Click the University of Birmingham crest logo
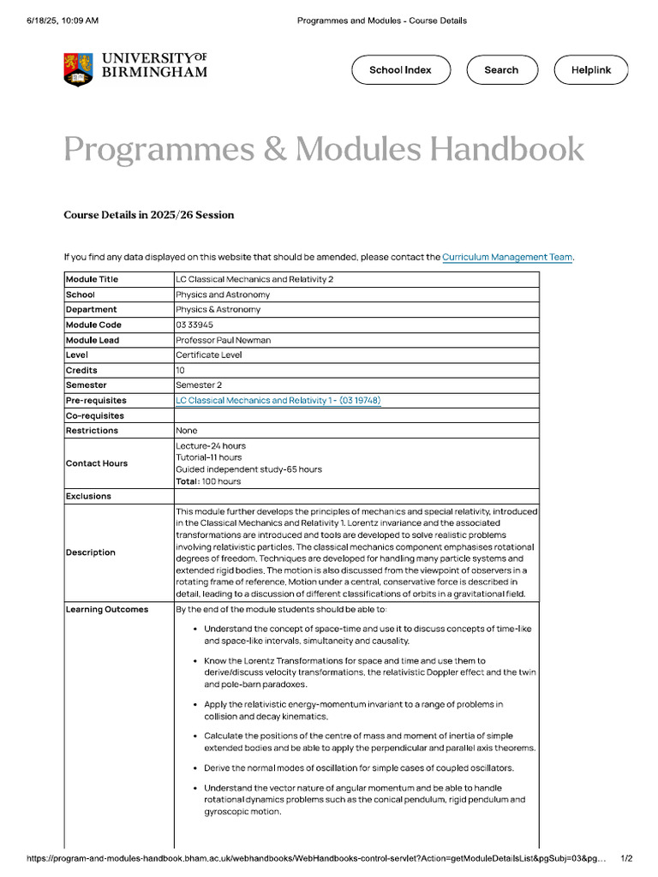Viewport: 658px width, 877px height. pos(78,69)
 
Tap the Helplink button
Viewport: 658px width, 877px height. pos(591,70)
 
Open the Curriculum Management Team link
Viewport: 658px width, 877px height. pos(507,257)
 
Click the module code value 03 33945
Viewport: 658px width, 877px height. pos(194,325)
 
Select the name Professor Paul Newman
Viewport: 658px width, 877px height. pos(223,340)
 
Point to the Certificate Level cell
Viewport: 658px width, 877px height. pos(209,355)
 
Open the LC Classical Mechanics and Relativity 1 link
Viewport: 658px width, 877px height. pos(278,400)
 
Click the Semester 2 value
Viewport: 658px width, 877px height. pos(199,385)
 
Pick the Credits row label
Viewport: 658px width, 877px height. pos(81,370)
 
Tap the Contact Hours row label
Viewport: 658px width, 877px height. pos(97,463)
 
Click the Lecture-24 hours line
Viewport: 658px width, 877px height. pos(211,445)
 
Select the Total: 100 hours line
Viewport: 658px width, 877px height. pos(208,481)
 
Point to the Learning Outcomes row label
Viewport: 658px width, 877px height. pos(107,609)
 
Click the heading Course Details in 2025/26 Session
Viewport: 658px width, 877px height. pos(148,215)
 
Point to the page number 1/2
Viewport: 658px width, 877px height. pos(625,858)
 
